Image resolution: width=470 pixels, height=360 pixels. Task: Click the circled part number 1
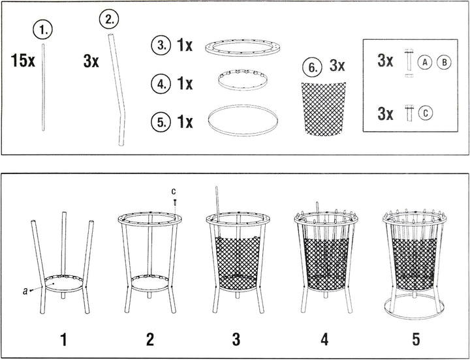42,31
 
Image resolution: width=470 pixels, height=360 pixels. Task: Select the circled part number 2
109,20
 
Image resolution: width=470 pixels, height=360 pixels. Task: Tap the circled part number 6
312,67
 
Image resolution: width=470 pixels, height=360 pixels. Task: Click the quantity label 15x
23,61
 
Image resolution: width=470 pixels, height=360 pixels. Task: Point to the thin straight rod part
43,87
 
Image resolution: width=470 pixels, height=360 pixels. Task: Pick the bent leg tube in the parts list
117,90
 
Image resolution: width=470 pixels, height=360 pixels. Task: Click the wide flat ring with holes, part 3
242,48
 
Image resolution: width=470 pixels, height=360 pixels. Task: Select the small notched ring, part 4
242,80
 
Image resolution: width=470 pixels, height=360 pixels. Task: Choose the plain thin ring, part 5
243,120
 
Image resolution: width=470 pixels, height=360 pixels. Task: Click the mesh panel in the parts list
324,109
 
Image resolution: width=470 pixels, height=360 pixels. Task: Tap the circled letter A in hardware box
424,63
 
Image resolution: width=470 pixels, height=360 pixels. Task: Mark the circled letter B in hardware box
444,63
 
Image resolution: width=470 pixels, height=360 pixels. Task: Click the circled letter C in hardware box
426,113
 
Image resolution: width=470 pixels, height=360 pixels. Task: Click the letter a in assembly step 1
25,290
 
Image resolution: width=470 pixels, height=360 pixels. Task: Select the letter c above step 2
174,191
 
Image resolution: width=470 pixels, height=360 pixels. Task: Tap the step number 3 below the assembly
236,339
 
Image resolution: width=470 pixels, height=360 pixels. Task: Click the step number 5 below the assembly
416,339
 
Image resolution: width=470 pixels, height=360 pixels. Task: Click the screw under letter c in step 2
175,203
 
